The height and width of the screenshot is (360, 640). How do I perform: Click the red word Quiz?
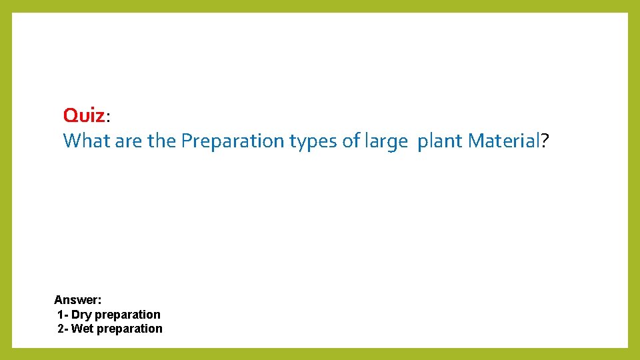pyautogui.click(x=84, y=115)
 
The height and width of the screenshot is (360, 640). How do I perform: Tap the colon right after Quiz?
pyautogui.click(x=108, y=118)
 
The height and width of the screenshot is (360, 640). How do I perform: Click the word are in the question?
pyautogui.click(x=129, y=141)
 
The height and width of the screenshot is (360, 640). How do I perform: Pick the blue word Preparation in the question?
pyautogui.click(x=233, y=141)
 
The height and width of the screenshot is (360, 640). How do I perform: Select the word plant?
pyautogui.click(x=440, y=141)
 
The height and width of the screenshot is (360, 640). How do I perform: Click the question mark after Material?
pyautogui.click(x=545, y=141)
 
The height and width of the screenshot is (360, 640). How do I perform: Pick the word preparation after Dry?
pyautogui.click(x=128, y=315)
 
